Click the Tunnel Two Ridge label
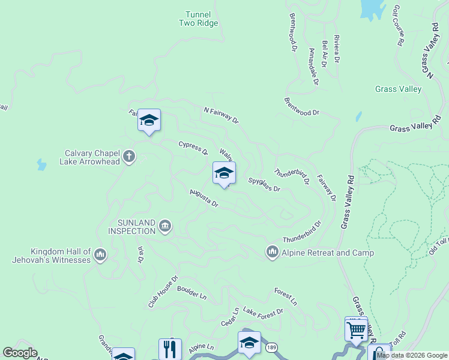[198, 19]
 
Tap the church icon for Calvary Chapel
[128, 157]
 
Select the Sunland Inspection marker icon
[165, 226]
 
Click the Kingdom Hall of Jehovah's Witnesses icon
[100, 255]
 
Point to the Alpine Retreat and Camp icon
[273, 252]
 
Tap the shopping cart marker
[357, 329]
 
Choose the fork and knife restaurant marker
[170, 349]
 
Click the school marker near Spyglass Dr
[224, 173]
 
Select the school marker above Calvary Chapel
[149, 121]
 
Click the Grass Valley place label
[398, 89]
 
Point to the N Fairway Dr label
[221, 115]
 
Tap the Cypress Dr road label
[193, 148]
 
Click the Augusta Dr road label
[203, 198]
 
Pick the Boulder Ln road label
[191, 292]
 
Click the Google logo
[20, 353]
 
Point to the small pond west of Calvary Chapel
[41, 164]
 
